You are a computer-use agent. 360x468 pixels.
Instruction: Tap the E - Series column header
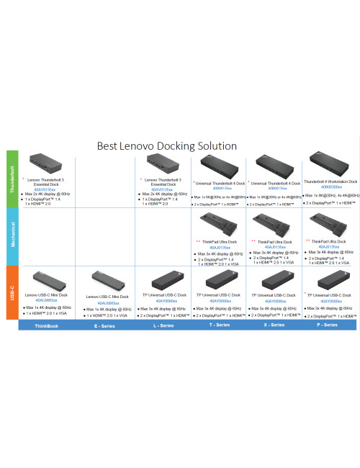[x=106, y=325]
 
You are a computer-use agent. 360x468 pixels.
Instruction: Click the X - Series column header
[x=273, y=325]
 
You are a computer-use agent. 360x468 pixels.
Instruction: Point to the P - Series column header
[x=328, y=325]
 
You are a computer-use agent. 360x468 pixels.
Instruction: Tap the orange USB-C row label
[x=12, y=292]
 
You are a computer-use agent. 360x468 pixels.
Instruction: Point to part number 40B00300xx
[x=329, y=187]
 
